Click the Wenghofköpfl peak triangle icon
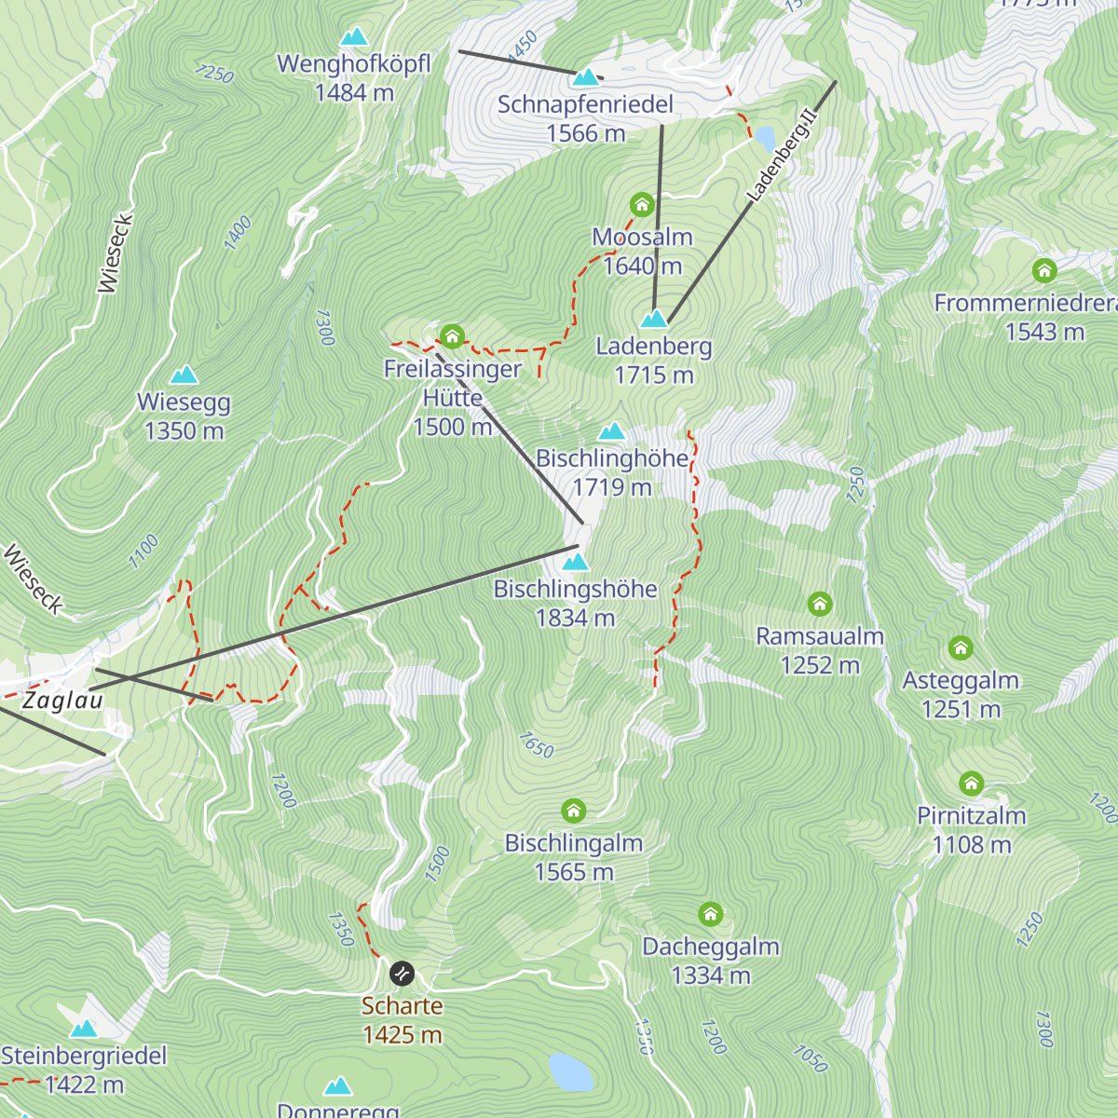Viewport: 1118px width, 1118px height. tap(353, 37)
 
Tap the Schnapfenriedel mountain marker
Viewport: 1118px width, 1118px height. tap(586, 77)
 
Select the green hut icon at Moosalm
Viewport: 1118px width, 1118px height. tap(641, 204)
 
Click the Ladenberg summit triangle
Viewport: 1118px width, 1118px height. tap(654, 319)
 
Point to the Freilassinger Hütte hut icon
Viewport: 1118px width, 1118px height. tap(452, 335)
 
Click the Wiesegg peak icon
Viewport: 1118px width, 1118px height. tap(184, 375)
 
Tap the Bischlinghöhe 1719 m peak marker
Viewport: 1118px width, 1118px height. tap(611, 430)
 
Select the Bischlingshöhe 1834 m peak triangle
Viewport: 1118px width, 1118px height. tap(576, 562)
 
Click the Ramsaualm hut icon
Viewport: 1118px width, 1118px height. tap(820, 605)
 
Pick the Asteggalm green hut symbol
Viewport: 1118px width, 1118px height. tap(961, 648)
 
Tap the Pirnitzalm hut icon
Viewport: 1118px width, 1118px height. tap(972, 783)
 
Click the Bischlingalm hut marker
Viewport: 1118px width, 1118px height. tap(574, 811)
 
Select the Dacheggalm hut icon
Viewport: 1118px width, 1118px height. tap(711, 914)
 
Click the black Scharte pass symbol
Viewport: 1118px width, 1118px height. tap(402, 974)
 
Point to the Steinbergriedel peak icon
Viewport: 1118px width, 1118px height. tap(84, 1029)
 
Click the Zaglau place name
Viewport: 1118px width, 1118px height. tap(62, 701)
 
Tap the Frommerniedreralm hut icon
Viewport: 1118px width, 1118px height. tap(1044, 270)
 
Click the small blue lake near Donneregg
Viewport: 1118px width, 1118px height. tap(570, 1072)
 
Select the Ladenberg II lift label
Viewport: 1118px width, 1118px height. tap(782, 156)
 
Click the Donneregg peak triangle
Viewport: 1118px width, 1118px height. tap(338, 1086)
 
